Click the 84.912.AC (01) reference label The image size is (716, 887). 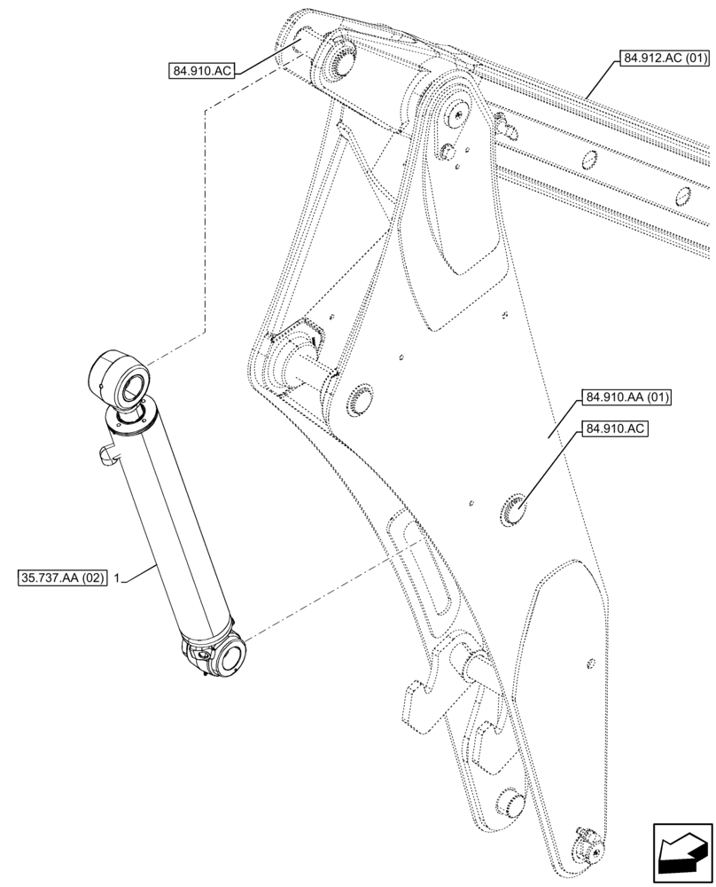(x=665, y=59)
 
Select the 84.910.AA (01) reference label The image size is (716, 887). (x=626, y=396)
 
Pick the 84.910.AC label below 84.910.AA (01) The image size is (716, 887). (x=615, y=430)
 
